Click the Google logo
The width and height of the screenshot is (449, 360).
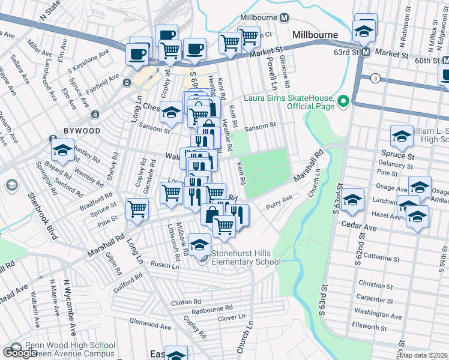(19, 353)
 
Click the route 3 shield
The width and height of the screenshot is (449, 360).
(375, 78)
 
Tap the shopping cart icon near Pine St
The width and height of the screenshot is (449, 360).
(137, 210)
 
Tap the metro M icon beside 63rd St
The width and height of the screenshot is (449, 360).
(372, 53)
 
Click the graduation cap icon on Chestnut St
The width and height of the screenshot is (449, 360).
(171, 113)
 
